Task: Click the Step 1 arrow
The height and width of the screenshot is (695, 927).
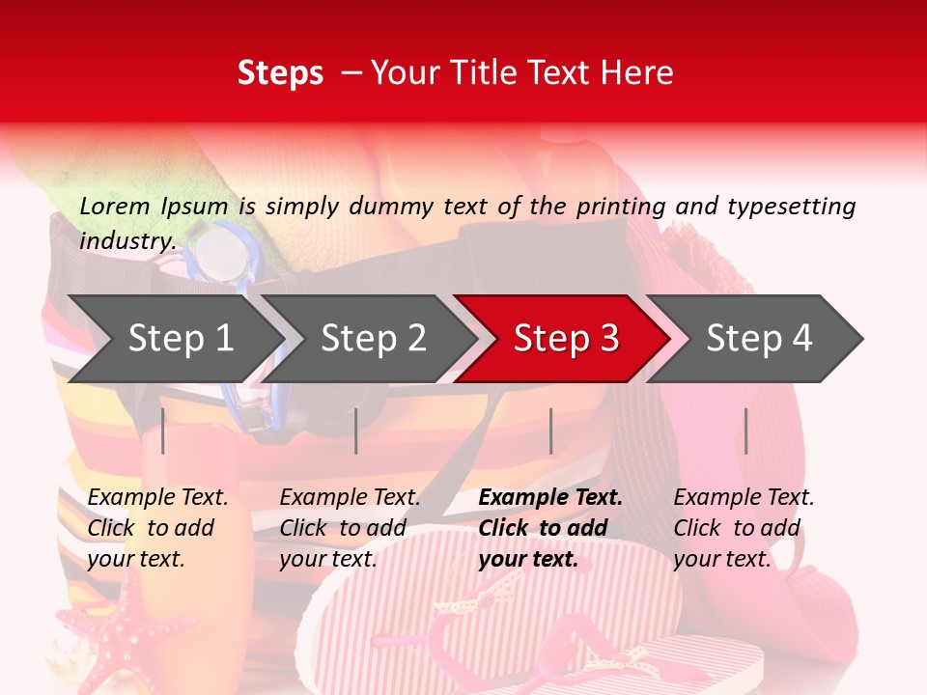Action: point(180,339)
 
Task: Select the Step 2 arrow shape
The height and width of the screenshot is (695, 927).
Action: point(373,339)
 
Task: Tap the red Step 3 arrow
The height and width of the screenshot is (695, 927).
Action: point(566,339)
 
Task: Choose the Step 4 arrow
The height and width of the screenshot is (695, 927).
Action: point(759,339)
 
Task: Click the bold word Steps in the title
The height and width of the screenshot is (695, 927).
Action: point(280,73)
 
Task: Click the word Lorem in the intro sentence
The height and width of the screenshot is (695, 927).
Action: point(115,206)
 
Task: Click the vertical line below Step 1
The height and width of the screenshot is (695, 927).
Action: point(163,431)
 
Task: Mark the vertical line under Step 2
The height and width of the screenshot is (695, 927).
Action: point(356,431)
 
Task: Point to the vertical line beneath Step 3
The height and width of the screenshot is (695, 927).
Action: point(550,431)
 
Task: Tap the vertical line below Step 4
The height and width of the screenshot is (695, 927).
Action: point(745,431)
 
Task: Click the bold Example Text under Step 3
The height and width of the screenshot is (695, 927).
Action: point(550,498)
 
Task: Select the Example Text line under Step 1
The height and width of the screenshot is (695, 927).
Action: point(157,498)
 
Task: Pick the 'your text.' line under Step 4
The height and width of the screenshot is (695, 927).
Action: point(721,559)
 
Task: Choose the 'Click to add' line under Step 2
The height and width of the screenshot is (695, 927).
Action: point(343,528)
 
